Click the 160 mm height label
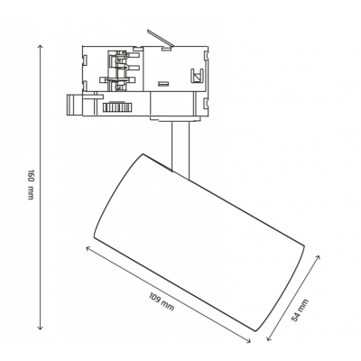tap(31, 185)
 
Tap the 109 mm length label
tap(162, 301)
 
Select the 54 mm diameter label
tap(301, 310)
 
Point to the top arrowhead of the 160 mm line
tap(40, 46)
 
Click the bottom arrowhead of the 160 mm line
tap(40, 328)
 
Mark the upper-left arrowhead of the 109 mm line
tap(88, 248)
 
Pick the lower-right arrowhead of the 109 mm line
tap(248, 341)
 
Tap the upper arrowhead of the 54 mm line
tap(318, 256)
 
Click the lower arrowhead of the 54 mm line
tap(269, 339)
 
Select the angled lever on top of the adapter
tap(160, 38)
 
